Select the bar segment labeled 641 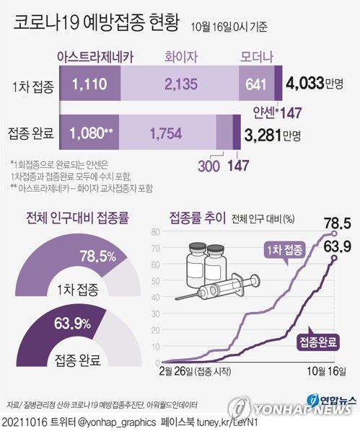tap(255, 85)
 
